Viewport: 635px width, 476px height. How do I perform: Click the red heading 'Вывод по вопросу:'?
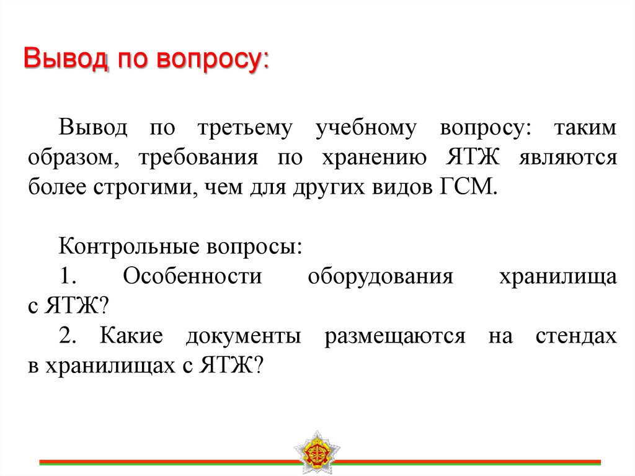click(146, 62)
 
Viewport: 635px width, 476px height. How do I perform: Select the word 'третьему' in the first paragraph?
click(245, 128)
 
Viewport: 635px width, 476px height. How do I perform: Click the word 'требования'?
click(198, 158)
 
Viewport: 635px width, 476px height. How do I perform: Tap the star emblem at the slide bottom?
click(317, 452)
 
